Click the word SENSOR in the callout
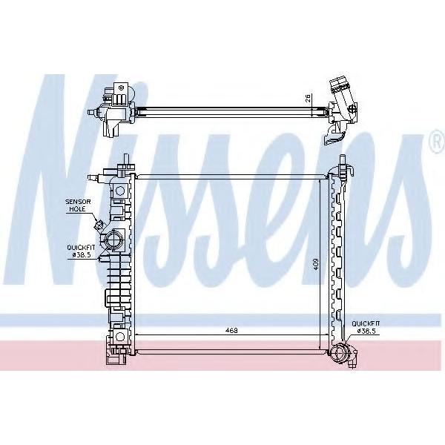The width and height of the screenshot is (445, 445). point(78,202)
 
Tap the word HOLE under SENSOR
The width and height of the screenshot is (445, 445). point(76,209)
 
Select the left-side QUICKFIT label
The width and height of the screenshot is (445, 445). point(81,248)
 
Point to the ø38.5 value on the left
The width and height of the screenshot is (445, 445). point(81,255)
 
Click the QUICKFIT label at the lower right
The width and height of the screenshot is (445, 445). point(366,323)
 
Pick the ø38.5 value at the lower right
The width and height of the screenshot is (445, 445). point(368,331)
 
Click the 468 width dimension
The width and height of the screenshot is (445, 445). point(231,330)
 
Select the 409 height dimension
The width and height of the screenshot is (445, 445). point(317,264)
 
